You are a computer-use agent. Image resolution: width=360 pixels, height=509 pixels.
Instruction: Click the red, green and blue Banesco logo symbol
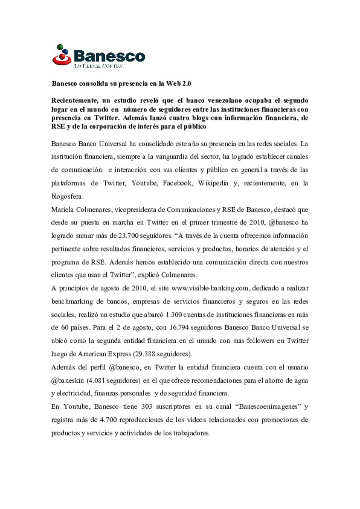(62, 55)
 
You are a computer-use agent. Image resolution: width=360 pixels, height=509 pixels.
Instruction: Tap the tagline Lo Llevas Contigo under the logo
(99, 66)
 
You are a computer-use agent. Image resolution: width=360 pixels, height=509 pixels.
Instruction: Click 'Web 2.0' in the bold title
(179, 84)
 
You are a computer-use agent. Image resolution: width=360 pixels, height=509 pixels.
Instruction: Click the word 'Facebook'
(177, 183)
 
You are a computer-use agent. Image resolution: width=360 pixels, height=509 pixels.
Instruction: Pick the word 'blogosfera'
(66, 197)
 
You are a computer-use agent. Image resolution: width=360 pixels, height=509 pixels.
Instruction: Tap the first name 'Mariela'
(62, 210)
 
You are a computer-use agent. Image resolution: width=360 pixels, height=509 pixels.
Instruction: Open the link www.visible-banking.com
(210, 288)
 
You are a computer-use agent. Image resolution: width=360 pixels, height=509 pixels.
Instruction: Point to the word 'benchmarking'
(72, 302)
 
